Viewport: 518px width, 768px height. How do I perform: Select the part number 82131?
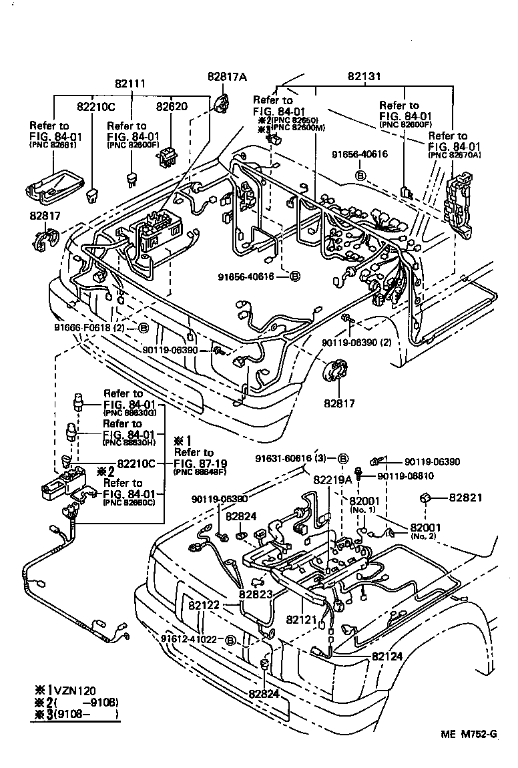click(x=364, y=77)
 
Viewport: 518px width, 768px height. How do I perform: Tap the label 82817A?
click(x=226, y=77)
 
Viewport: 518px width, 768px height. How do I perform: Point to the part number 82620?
click(x=172, y=106)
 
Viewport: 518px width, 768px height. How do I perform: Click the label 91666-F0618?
click(x=84, y=327)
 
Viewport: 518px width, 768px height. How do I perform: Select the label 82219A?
click(x=332, y=479)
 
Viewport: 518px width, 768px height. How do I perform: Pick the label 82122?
click(x=204, y=606)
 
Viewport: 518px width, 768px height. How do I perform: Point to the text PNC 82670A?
click(x=456, y=155)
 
